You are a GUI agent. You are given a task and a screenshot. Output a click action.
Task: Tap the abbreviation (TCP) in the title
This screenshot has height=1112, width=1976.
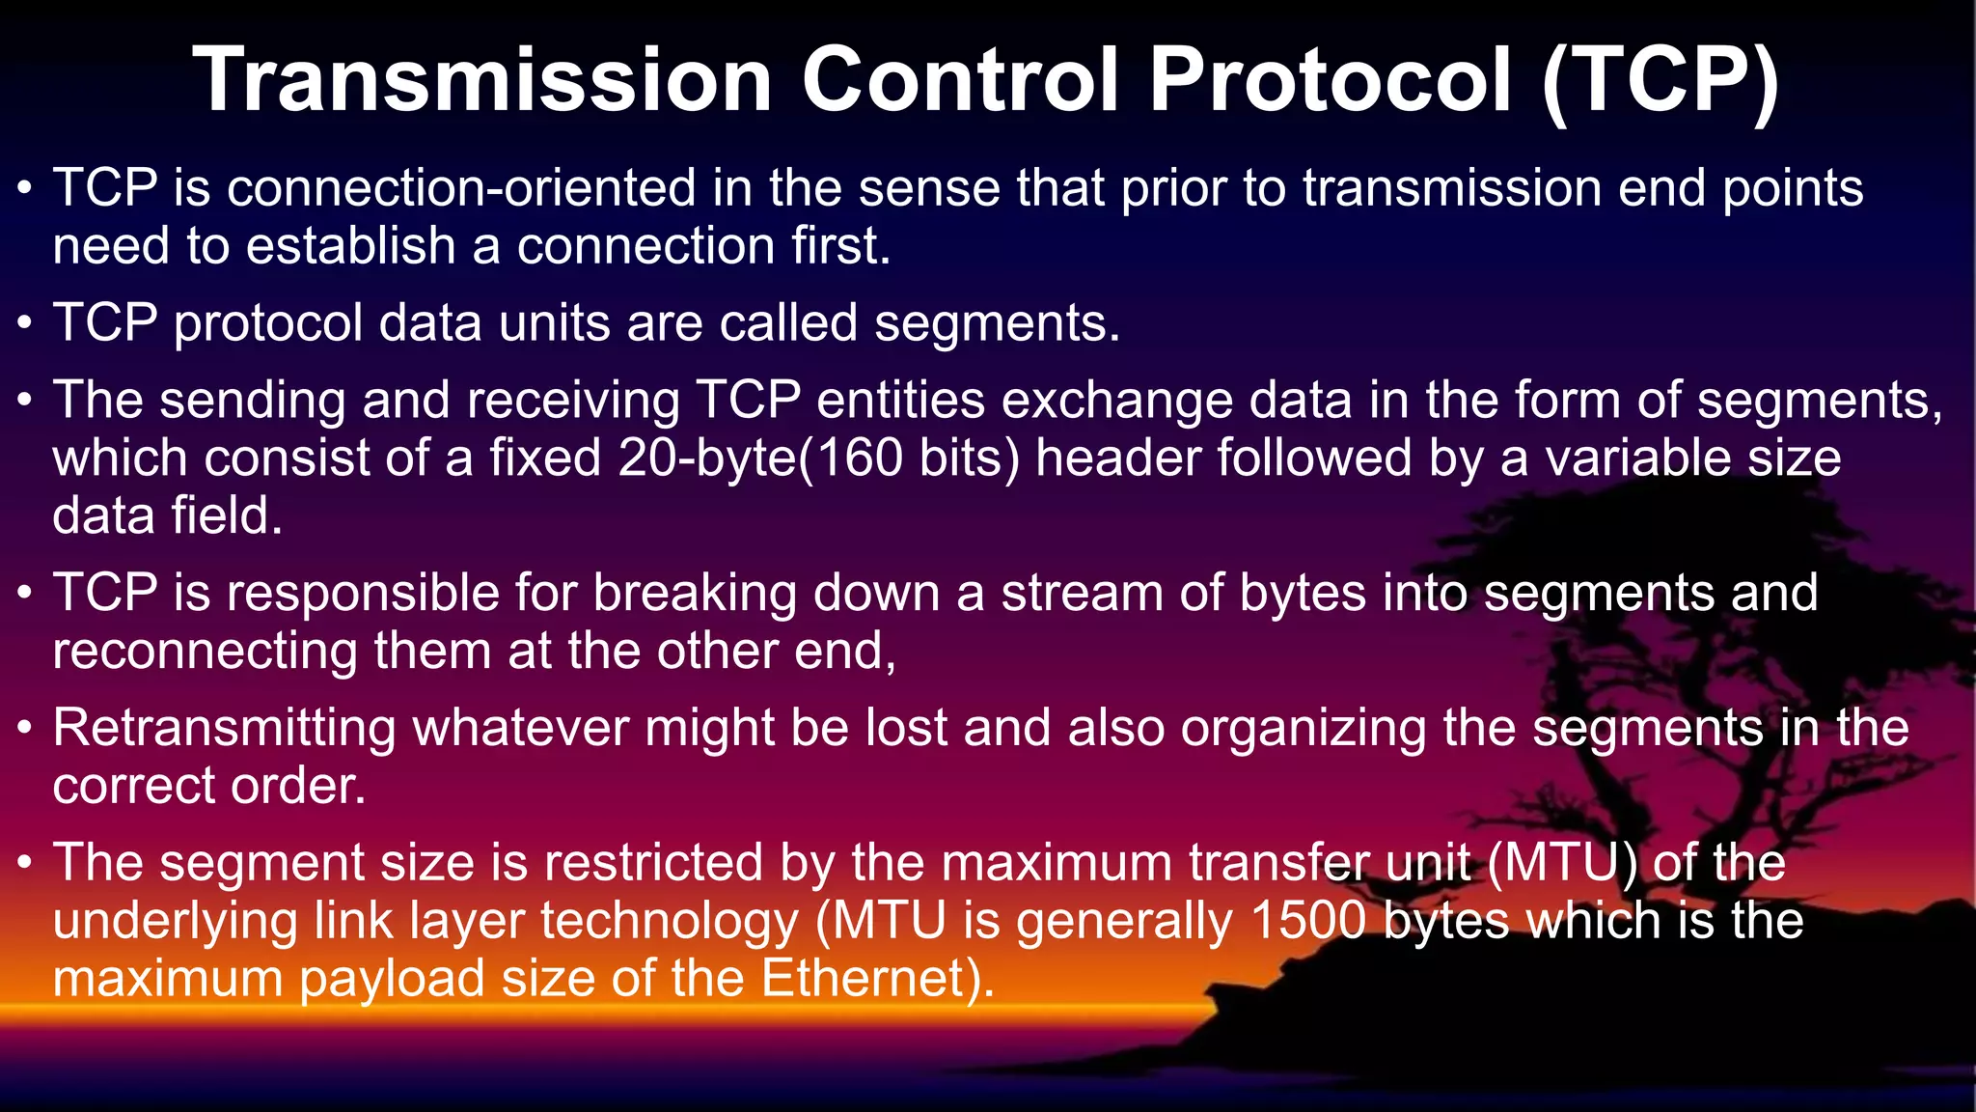(x=1660, y=81)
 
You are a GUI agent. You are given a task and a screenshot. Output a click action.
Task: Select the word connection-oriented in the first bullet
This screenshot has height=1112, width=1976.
(x=461, y=187)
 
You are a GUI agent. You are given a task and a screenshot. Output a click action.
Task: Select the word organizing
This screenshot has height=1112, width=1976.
(x=1304, y=729)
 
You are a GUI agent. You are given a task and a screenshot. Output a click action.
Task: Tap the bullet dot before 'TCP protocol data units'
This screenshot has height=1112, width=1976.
(x=26, y=323)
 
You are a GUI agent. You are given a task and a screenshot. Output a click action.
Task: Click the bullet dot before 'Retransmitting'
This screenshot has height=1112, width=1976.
(x=26, y=729)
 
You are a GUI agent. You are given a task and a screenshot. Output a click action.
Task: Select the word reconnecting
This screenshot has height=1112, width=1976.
(x=205, y=652)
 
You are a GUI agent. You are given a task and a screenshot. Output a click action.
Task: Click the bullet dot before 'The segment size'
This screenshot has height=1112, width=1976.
(x=26, y=863)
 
